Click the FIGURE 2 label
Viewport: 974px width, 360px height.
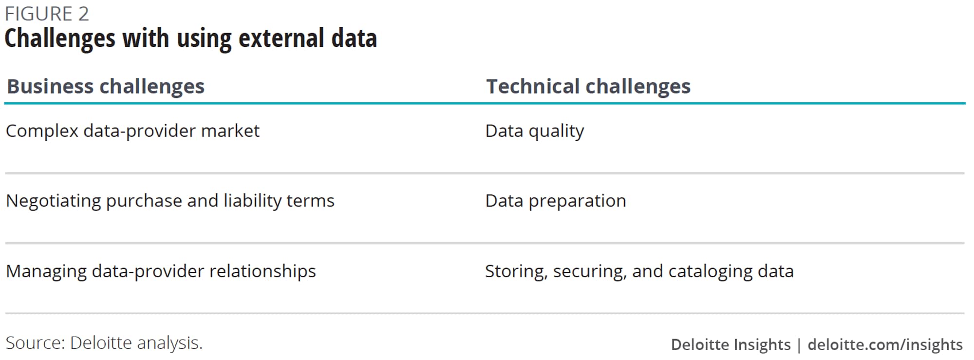point(47,14)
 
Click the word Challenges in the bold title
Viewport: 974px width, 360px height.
point(60,39)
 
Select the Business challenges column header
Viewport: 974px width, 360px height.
point(106,87)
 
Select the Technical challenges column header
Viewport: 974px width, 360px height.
point(588,87)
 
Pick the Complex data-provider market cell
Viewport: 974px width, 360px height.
point(133,132)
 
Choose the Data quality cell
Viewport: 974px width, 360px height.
point(535,132)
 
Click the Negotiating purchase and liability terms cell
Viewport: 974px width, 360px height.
point(170,201)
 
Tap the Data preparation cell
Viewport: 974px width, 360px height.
point(556,201)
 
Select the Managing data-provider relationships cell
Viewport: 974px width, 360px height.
point(161,271)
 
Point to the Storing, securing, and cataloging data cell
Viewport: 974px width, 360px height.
point(639,271)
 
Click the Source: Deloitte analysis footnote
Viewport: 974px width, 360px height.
point(104,343)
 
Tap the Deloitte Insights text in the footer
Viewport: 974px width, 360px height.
point(730,345)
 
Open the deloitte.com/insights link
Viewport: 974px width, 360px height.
point(885,345)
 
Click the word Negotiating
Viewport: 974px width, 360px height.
point(54,201)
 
